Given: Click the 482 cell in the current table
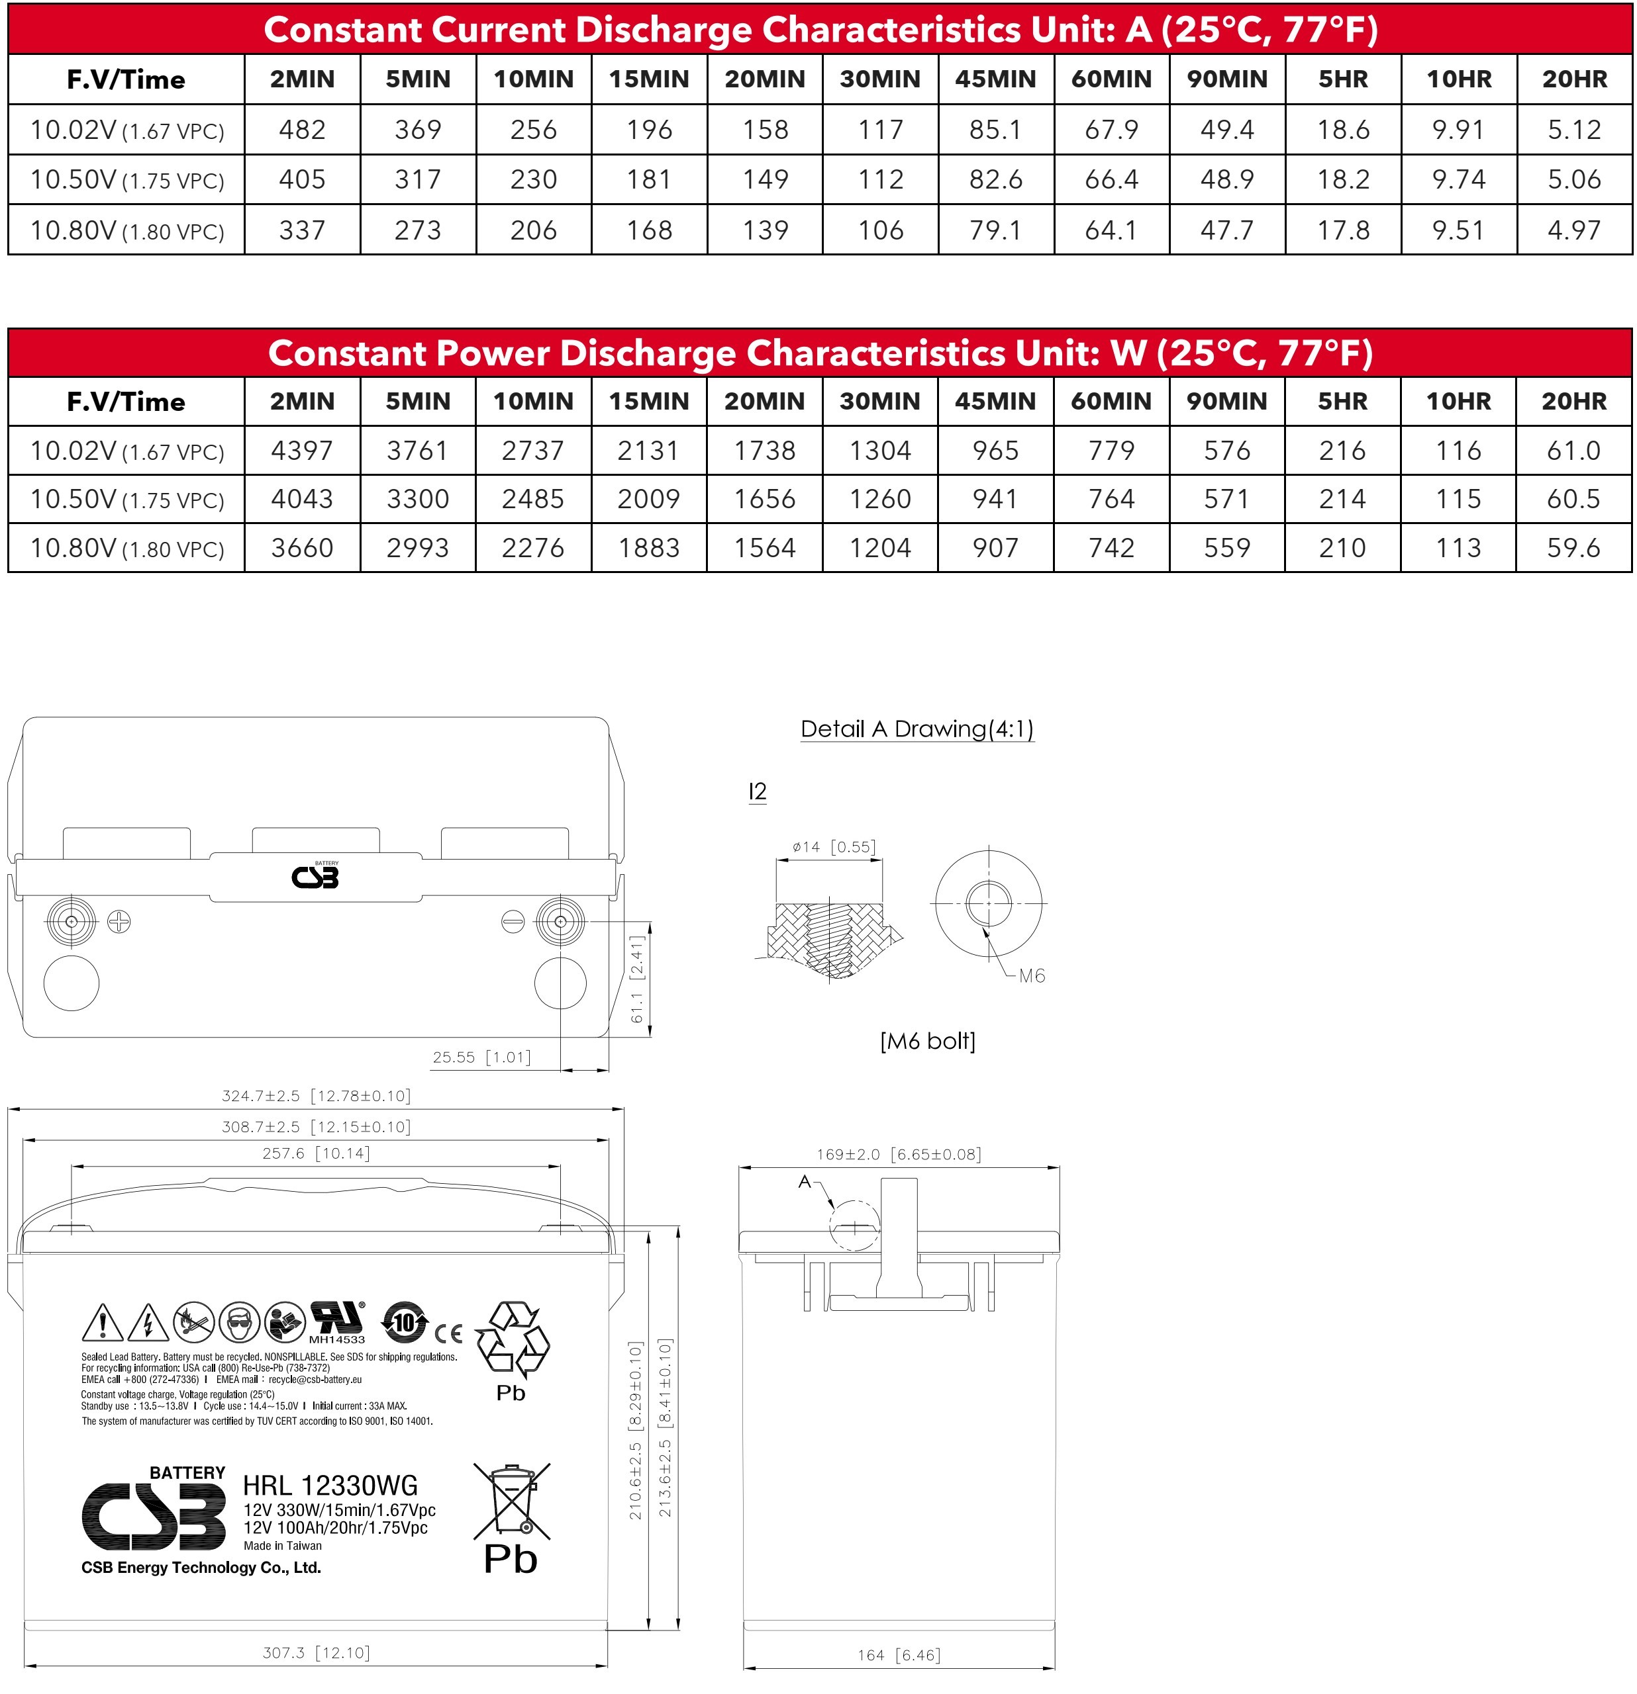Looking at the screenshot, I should (302, 130).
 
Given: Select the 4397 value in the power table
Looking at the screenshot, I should (302, 450).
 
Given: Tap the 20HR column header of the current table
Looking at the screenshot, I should (1574, 79).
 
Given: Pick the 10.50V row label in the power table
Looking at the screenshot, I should (126, 499).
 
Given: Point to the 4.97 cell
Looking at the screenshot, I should (1574, 230).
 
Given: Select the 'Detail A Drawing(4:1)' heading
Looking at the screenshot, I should (917, 729).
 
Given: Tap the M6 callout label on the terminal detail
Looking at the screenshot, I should (1032, 976).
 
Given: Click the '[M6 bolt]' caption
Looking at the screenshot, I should (927, 1041).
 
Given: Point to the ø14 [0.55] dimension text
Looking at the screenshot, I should (834, 847).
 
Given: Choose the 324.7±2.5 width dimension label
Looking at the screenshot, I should (317, 1096).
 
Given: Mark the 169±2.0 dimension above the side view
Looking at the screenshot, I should (899, 1154).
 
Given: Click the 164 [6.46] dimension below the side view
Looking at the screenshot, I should (899, 1654).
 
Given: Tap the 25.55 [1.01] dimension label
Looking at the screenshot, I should (481, 1057).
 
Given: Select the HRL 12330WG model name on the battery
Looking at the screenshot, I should (330, 1485).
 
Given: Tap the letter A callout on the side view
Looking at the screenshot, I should (804, 1181).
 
